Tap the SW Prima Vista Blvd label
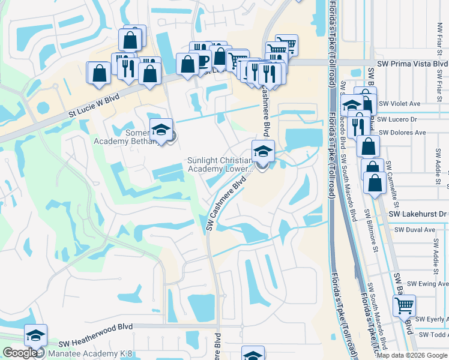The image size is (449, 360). [412, 64]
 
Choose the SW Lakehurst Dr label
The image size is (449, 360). [418, 214]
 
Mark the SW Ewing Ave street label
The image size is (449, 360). [427, 284]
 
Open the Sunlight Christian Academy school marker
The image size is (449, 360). [262, 151]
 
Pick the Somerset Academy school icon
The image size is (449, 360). [161, 130]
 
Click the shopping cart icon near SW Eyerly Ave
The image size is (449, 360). [404, 305]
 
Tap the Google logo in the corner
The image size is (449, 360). [20, 353]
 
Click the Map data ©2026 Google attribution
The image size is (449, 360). [412, 355]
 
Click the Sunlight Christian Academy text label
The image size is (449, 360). [220, 164]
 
